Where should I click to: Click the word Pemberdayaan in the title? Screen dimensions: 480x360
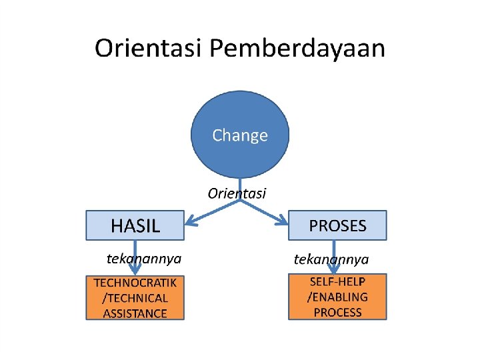point(297,49)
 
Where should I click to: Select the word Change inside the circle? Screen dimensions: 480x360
point(240,135)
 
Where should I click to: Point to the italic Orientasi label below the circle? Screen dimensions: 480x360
point(237,193)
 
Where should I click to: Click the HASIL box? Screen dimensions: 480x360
point(135,225)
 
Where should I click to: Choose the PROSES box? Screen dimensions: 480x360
point(337,225)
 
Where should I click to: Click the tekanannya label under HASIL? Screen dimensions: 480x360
point(144,257)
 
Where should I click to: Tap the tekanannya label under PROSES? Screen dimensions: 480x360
point(331,259)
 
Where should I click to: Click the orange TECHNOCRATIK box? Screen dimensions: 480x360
point(135,297)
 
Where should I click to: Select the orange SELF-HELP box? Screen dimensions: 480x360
point(337,297)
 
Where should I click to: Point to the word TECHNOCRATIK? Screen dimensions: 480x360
point(135,283)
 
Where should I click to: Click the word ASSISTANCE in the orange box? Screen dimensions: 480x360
point(135,313)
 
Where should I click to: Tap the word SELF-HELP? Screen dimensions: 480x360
point(337,281)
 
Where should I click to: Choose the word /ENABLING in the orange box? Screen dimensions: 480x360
point(337,297)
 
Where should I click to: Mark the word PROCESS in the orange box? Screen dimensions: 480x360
point(337,312)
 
